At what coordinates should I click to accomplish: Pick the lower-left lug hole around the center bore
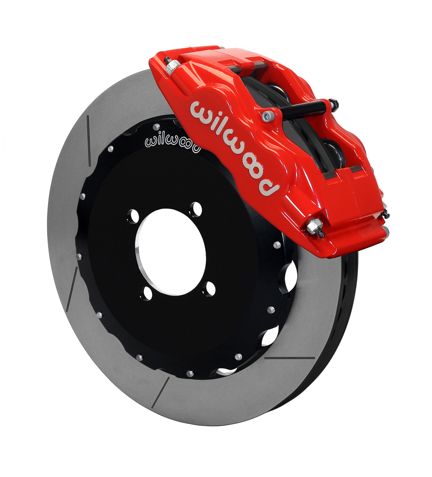148,293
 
